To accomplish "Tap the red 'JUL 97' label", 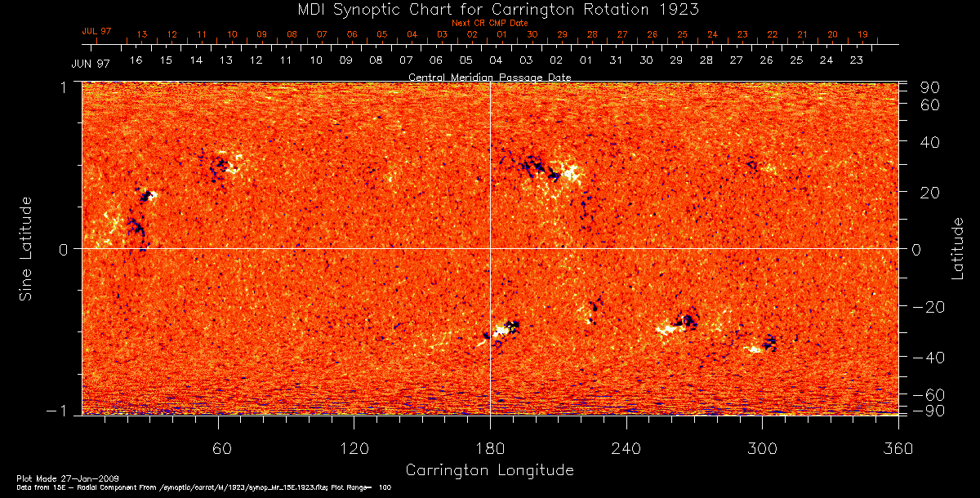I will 96,31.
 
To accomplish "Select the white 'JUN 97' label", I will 91,63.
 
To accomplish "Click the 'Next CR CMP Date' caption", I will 490,23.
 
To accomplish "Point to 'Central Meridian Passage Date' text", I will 490,77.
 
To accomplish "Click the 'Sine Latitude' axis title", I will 26,248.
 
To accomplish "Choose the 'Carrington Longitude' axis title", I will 490,470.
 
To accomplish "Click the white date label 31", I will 616,60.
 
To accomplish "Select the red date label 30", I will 532,35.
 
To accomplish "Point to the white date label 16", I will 136,60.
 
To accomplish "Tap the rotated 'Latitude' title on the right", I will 957,248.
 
